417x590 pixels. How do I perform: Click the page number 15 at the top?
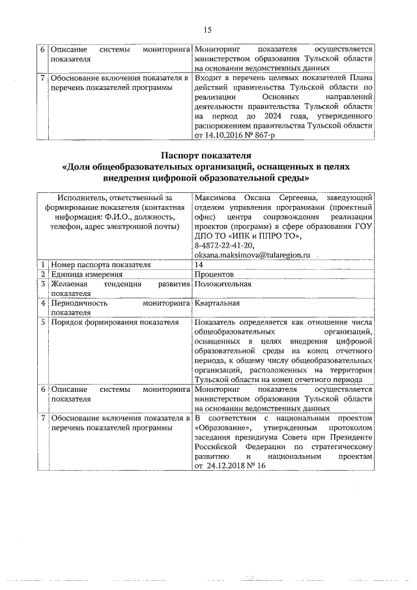[208, 29]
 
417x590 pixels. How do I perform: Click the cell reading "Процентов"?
[213, 275]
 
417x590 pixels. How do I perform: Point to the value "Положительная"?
[223, 285]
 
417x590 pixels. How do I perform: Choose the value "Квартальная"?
[217, 303]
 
